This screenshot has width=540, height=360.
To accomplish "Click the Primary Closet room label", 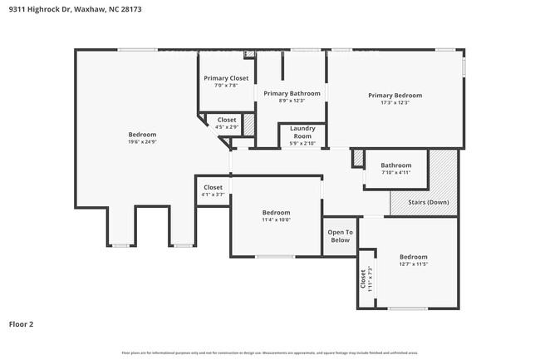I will (x=227, y=78).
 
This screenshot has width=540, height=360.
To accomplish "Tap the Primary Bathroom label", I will (x=292, y=93).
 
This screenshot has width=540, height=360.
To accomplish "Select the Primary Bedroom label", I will (x=395, y=96).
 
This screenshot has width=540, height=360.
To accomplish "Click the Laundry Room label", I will (x=302, y=132).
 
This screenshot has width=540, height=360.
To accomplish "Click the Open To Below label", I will (x=340, y=235).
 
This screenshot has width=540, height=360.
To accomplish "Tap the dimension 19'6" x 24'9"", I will (x=142, y=142).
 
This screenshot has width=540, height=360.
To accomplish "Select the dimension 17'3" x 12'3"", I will (x=395, y=103).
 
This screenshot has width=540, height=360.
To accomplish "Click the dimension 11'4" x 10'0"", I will (x=276, y=220).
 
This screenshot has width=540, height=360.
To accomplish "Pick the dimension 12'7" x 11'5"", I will (x=413, y=265).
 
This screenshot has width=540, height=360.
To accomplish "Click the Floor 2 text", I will (x=21, y=324).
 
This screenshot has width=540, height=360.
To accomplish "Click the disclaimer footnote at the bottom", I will (x=270, y=353).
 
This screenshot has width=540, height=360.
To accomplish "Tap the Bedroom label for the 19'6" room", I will (x=142, y=135).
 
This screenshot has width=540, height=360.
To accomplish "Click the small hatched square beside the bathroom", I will (x=358, y=158).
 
